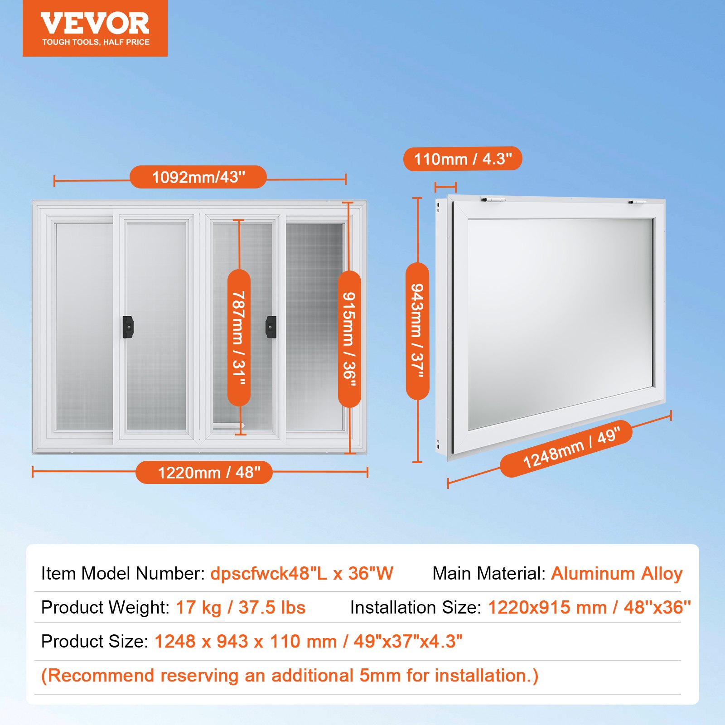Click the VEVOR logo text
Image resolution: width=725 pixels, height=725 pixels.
click(95, 24)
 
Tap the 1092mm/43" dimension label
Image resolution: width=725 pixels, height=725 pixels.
click(198, 177)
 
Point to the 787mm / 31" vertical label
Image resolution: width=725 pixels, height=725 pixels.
click(239, 338)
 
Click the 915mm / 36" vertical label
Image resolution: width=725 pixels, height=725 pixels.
click(349, 339)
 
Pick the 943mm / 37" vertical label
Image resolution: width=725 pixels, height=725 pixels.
click(417, 331)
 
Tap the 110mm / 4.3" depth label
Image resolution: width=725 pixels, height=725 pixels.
click(463, 159)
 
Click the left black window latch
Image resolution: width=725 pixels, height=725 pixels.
click(128, 327)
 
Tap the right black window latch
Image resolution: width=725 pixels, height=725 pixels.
click(271, 327)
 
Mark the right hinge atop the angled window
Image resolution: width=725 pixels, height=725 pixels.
click(637, 202)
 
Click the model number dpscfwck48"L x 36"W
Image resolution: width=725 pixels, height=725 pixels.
click(302, 574)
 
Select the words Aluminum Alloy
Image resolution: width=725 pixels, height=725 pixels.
click(617, 574)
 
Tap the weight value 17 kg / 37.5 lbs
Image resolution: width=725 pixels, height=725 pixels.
click(241, 608)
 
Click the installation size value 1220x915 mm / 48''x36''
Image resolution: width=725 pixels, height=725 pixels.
click(589, 608)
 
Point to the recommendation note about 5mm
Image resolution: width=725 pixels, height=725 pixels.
click(290, 676)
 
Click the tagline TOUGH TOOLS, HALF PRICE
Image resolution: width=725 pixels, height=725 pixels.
click(96, 42)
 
